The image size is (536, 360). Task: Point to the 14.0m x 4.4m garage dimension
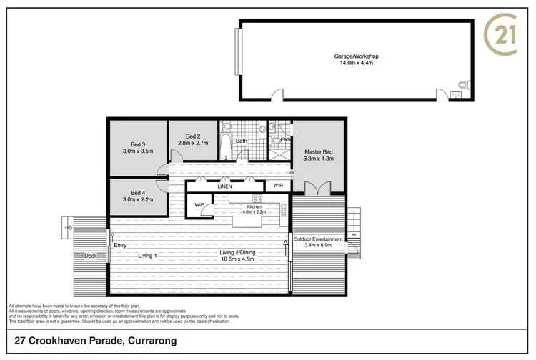point(355,63)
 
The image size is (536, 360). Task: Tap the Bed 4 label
point(139,193)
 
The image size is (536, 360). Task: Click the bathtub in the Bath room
point(226,144)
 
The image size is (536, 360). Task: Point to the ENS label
point(284,140)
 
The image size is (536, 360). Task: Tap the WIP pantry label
point(199,205)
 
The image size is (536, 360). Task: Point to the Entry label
point(120,246)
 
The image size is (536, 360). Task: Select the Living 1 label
point(147,255)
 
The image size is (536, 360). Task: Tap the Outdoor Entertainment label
point(324,239)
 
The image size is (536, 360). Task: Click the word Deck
point(90,255)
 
